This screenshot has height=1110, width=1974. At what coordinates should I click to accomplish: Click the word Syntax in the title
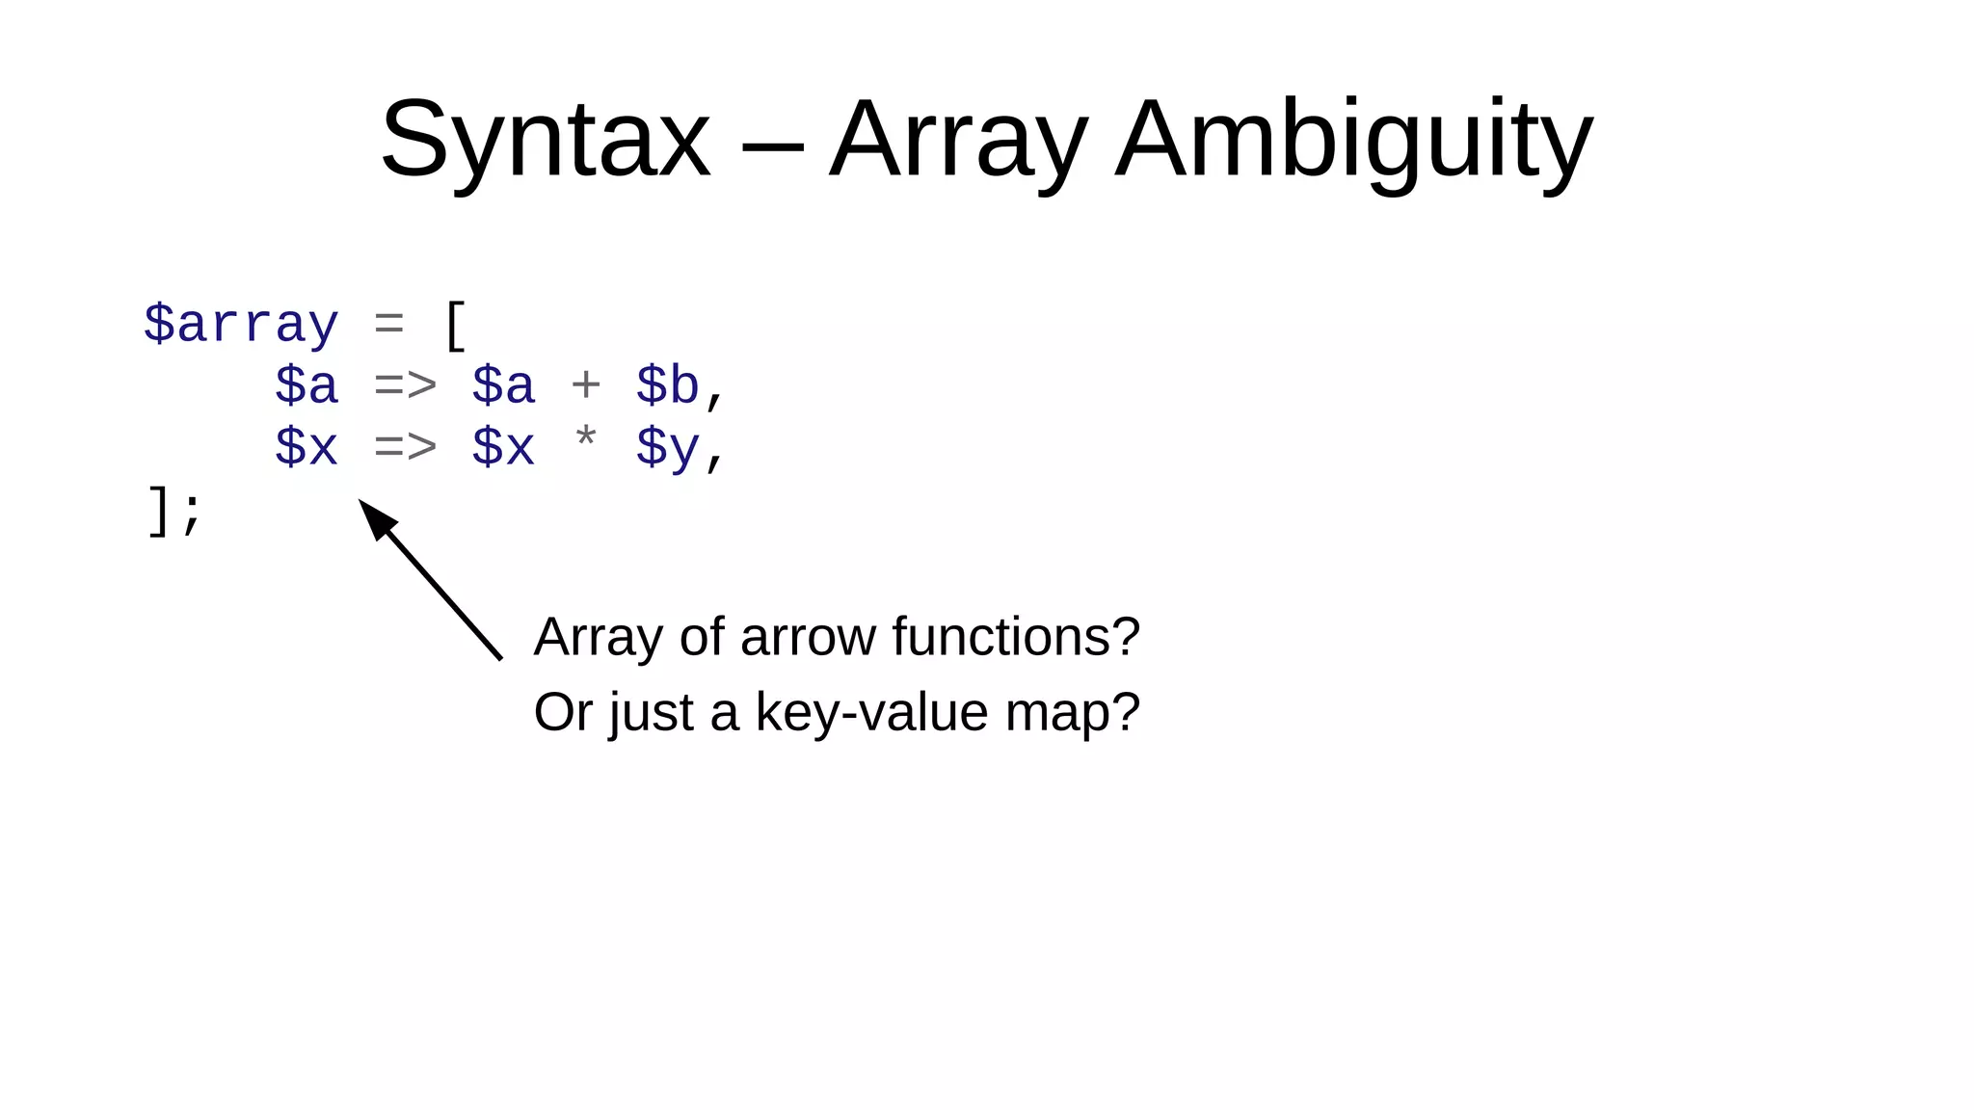[x=546, y=141]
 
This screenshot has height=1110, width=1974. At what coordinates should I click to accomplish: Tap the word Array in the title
[x=959, y=141]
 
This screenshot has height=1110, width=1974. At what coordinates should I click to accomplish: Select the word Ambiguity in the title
[x=1354, y=141]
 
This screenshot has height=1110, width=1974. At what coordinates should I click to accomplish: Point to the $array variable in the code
[x=241, y=324]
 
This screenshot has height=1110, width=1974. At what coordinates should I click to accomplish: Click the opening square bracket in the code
[x=455, y=326]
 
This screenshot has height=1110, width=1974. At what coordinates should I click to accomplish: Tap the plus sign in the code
[x=586, y=385]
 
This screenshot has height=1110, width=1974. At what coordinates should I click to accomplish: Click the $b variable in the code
[x=667, y=385]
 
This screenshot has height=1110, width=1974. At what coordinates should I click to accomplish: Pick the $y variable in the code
[x=667, y=448]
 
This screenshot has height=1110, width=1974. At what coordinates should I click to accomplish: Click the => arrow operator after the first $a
[x=406, y=385]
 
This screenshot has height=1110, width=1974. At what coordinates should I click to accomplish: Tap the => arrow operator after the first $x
[x=406, y=447]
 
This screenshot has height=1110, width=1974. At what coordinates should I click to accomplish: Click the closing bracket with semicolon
[x=174, y=510]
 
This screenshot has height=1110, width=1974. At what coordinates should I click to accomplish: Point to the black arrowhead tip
[x=361, y=502]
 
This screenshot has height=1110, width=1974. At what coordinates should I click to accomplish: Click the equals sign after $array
[x=388, y=325]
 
